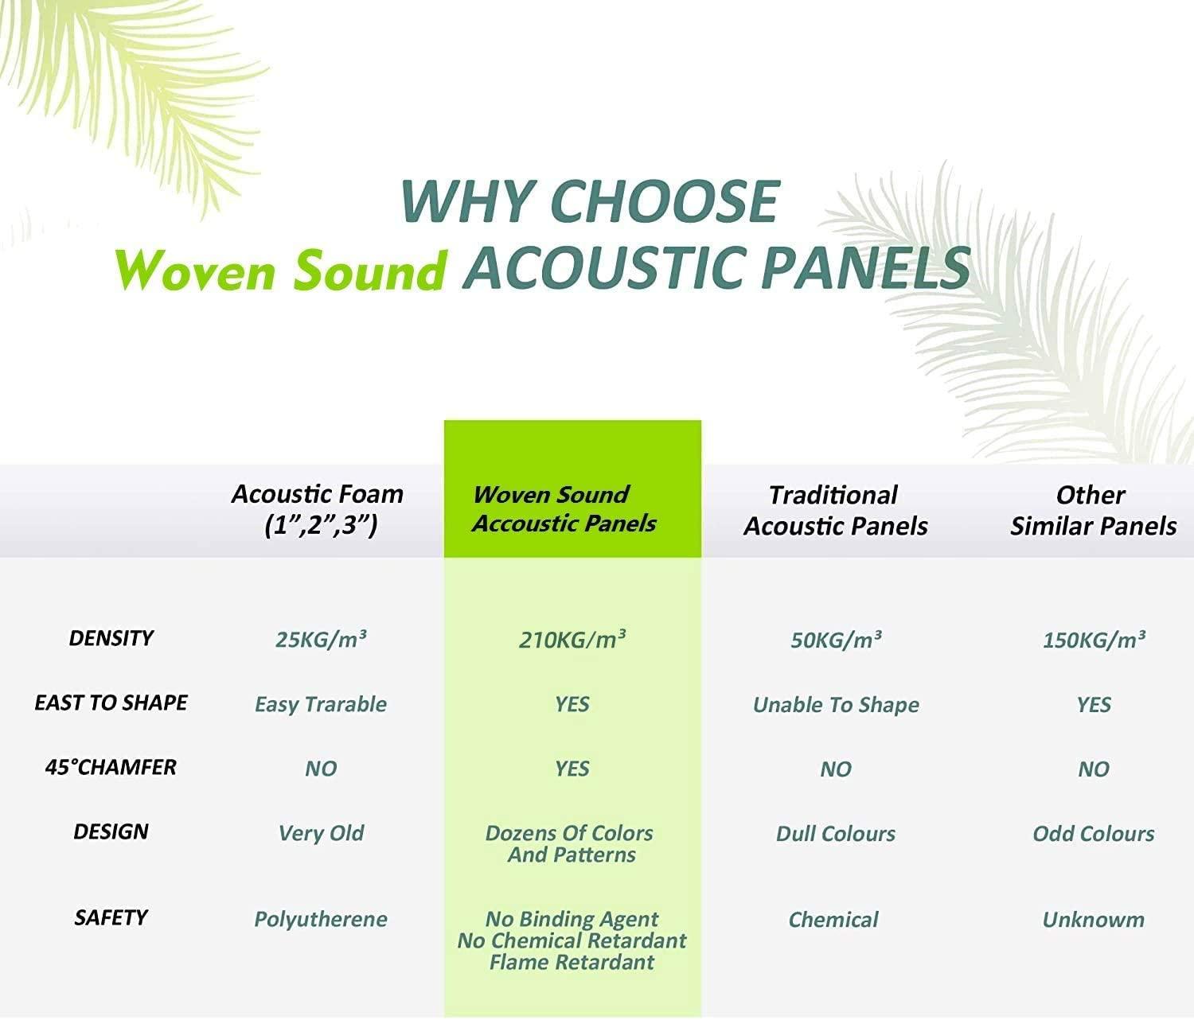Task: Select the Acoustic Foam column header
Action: pos(318,510)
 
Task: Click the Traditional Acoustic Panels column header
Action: pos(835,511)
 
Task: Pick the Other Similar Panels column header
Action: pos(1093,511)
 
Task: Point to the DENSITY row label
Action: pos(111,638)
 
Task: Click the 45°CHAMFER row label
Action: pos(111,767)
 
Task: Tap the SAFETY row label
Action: pos(111,917)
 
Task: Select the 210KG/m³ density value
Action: pos(572,640)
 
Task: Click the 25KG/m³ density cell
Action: pos(321,640)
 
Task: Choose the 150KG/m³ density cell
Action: pos(1094,640)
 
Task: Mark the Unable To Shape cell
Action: pos(836,705)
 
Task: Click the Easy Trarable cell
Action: pos(321,704)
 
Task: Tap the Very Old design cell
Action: pos(321,833)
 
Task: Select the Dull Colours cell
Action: pos(836,834)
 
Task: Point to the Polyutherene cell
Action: pos(321,919)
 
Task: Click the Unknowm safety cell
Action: pos(1093,920)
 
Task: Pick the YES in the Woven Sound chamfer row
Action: pos(572,769)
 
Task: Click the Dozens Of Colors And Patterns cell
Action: pos(571,844)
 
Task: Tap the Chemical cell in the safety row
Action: pos(833,920)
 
